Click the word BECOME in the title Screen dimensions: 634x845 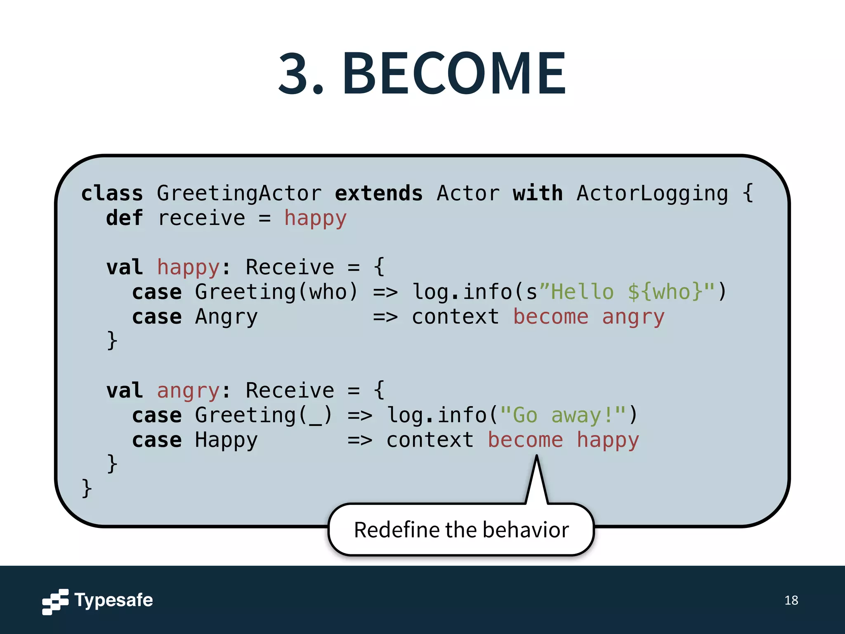[454, 73]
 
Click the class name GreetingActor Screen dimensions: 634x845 [239, 193]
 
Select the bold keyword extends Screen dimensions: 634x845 [378, 193]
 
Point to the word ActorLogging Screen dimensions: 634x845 [652, 193]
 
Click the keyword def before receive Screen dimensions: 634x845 [124, 218]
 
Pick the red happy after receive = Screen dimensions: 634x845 [315, 218]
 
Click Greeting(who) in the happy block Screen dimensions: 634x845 [276, 292]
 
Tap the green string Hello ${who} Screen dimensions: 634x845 [627, 292]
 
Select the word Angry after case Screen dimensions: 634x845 [226, 317]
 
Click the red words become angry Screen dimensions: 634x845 [588, 317]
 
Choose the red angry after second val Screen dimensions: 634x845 [188, 390]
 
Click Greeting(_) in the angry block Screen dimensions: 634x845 [263, 415]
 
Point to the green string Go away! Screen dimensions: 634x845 [563, 415]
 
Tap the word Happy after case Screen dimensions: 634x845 [226, 440]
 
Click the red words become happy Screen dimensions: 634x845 [563, 440]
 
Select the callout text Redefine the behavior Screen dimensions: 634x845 [461, 530]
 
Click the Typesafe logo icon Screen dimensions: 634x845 [55, 601]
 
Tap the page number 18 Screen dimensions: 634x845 [791, 600]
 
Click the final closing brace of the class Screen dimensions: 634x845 [87, 488]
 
